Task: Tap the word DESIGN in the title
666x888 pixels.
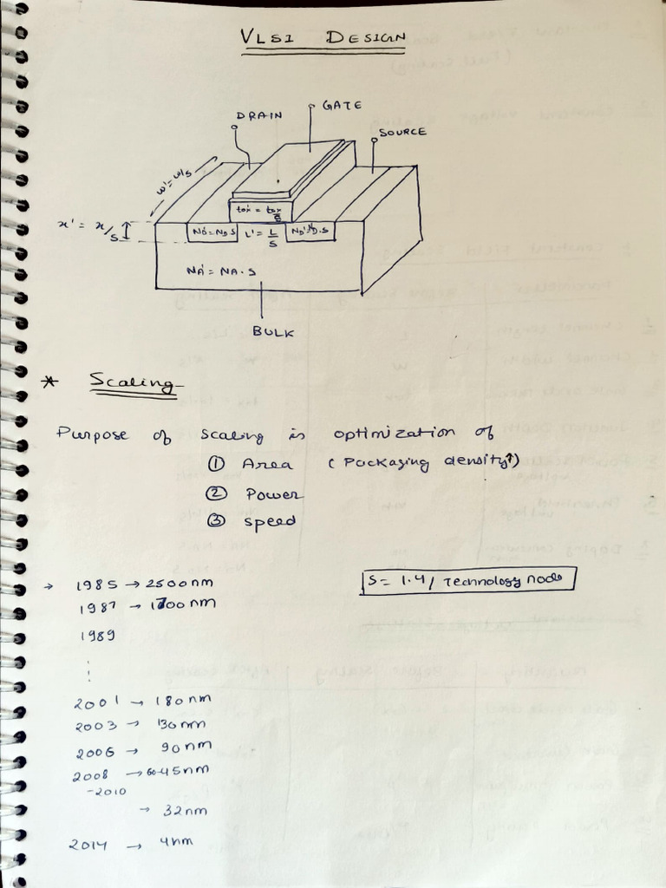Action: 366,37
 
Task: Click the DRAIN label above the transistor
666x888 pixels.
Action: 258,115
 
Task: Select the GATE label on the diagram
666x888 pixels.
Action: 342,105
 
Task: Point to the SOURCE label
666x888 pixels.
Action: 402,132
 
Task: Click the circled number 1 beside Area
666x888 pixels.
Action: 211,464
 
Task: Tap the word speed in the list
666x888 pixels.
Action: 270,521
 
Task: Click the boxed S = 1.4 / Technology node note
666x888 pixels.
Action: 467,579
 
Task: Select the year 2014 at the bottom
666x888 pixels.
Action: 88,844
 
